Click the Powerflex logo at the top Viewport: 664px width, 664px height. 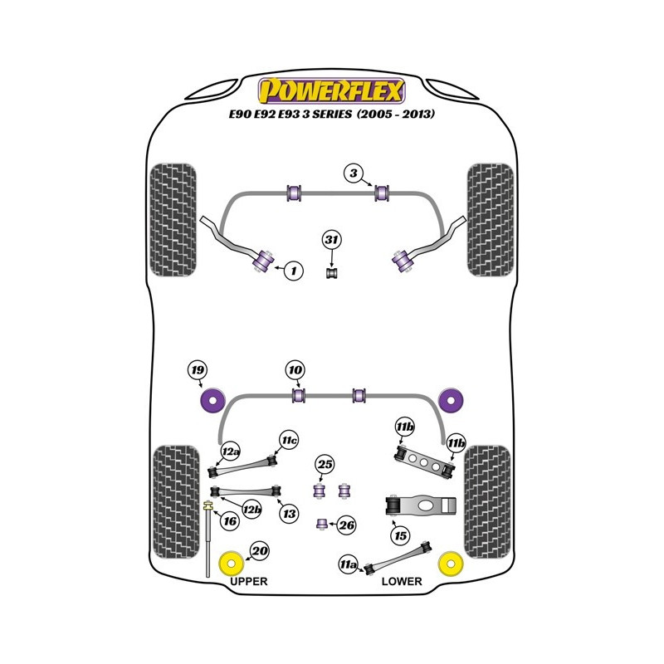click(x=332, y=89)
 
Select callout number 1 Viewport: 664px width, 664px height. click(x=292, y=270)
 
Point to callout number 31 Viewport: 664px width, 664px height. click(x=332, y=241)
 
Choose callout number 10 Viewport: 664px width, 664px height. click(x=295, y=369)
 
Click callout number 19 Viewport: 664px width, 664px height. click(x=197, y=370)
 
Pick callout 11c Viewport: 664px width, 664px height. click(x=288, y=439)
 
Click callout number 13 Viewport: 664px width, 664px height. click(x=288, y=514)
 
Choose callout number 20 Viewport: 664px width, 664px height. click(x=260, y=551)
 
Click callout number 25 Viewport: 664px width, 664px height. click(x=325, y=465)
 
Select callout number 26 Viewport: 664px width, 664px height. click(x=347, y=525)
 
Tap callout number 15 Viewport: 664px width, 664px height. click(x=401, y=536)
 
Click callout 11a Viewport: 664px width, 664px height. click(x=348, y=565)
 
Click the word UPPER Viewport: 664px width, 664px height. click(x=248, y=582)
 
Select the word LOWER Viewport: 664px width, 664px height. click(x=402, y=582)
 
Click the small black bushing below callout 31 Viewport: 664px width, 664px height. click(x=332, y=271)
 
